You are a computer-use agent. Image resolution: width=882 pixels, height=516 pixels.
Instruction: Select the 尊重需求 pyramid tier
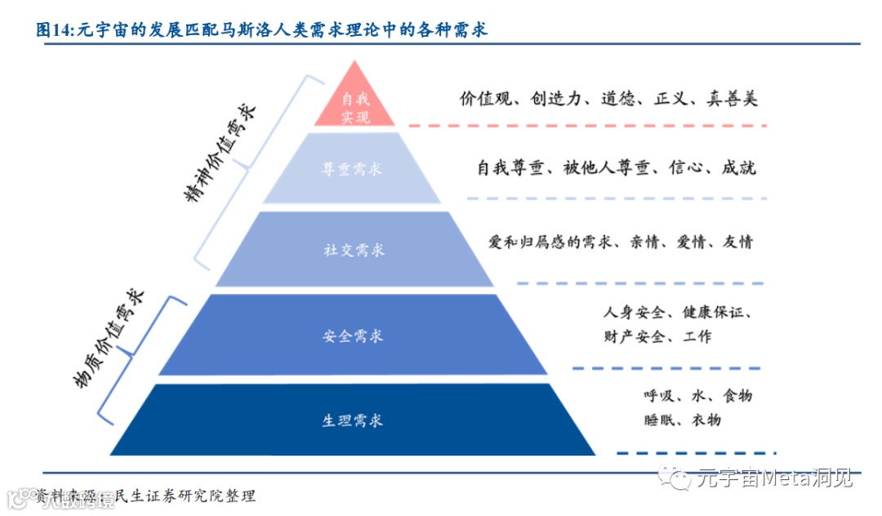pos(352,169)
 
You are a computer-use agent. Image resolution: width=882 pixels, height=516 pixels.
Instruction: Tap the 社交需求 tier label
pos(352,250)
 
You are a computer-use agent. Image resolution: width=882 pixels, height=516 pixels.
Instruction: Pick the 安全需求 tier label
pos(352,336)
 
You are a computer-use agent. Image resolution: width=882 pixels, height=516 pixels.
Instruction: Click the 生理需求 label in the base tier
pos(352,420)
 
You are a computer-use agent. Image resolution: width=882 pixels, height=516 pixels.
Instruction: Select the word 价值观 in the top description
pos(484,99)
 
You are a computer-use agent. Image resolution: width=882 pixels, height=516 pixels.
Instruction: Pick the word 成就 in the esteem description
pos(738,168)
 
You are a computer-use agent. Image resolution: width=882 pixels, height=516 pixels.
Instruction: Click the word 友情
pos(737,242)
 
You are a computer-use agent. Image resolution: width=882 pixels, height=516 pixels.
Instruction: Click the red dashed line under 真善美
pos(588,126)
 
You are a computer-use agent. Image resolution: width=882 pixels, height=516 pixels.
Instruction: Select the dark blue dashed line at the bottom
pos(694,453)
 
